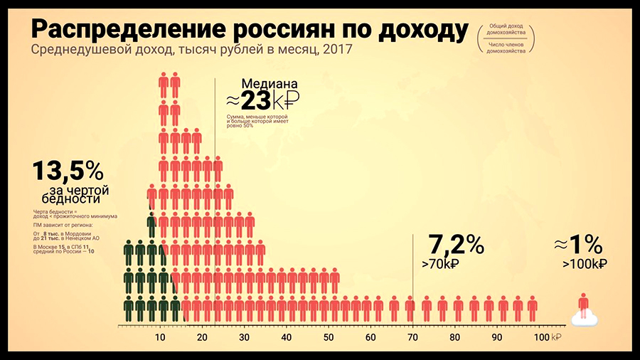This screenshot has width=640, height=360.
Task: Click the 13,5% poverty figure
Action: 68,171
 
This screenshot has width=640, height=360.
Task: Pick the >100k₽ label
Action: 584,264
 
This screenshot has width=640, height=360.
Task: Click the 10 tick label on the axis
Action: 160,337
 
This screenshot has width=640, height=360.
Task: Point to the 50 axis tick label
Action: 329,337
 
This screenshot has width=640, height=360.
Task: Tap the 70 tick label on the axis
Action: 413,337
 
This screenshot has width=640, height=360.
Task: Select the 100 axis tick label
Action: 540,337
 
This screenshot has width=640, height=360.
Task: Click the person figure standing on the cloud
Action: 584,304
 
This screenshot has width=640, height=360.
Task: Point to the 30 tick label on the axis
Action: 244,337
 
